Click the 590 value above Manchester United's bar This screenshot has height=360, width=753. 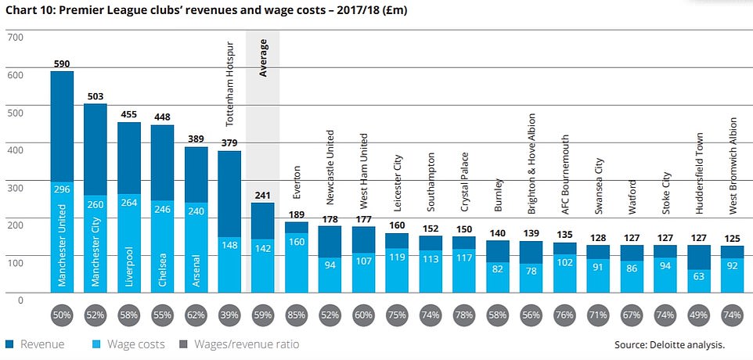pos(62,63)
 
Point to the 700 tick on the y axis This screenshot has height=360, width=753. pos(16,37)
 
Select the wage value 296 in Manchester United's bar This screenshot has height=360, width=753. pos(62,188)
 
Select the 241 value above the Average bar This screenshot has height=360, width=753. pos(262,195)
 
